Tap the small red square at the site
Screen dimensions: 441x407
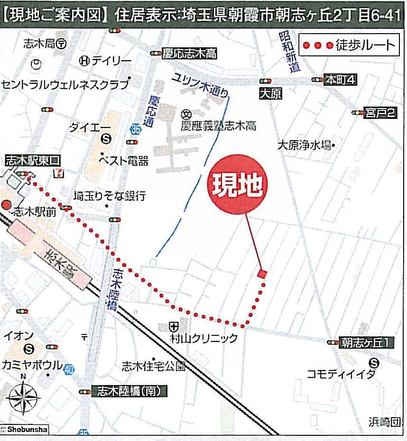click(262, 274)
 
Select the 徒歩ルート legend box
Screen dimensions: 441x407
click(349, 45)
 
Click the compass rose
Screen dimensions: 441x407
click(22, 397)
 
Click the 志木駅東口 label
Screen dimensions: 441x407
click(29, 161)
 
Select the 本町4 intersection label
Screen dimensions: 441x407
click(340, 80)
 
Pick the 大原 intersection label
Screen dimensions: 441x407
click(270, 94)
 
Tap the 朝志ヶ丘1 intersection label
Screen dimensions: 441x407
click(367, 342)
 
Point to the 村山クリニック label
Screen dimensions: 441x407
click(203, 338)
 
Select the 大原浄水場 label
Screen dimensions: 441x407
click(304, 144)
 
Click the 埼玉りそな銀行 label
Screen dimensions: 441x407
click(110, 196)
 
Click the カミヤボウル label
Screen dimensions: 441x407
click(32, 365)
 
